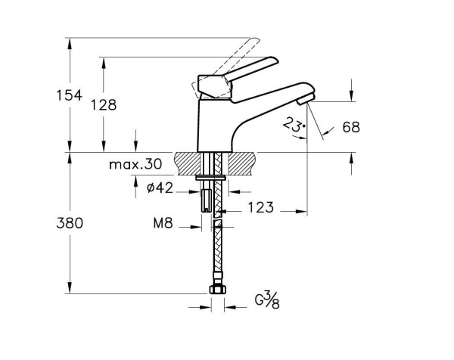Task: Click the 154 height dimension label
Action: (x=69, y=95)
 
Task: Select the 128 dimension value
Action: (x=104, y=105)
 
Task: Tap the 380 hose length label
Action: (x=70, y=223)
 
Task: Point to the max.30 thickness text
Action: (x=135, y=164)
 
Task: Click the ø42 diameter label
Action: (x=160, y=188)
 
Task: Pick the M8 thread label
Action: (x=163, y=223)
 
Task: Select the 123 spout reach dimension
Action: (x=260, y=207)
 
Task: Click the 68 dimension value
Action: (x=351, y=127)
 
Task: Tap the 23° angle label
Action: (x=294, y=125)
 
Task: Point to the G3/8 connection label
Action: (x=267, y=300)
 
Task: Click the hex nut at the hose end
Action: (x=217, y=289)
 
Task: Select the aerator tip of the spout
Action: (x=305, y=99)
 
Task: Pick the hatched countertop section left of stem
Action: (x=187, y=163)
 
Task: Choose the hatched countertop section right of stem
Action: (x=241, y=163)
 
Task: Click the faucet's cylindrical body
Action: (x=215, y=126)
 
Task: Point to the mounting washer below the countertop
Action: (x=211, y=178)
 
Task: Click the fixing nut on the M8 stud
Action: (x=206, y=201)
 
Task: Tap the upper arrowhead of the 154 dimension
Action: (x=70, y=43)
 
